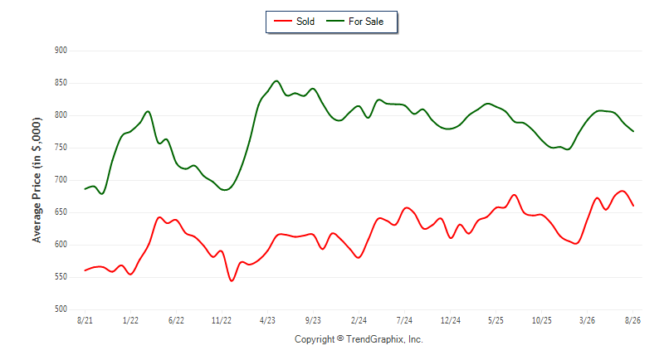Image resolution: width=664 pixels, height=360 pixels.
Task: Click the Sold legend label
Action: [305, 22]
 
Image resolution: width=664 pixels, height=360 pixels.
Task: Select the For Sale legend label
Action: [366, 22]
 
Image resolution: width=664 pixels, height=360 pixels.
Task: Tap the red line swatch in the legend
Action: [282, 21]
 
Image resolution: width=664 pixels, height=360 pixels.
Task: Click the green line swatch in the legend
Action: [335, 21]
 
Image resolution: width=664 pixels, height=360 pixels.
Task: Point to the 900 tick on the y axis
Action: [61, 51]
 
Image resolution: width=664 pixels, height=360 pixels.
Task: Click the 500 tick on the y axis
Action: [61, 309]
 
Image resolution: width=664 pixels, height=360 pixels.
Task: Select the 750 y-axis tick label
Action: [61, 148]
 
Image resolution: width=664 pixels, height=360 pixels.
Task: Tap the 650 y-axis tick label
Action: [61, 212]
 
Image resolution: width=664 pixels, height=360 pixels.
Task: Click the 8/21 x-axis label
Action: [85, 320]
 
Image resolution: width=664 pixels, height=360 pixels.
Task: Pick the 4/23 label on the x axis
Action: [267, 320]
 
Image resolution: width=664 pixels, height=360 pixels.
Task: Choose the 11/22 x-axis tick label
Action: [222, 320]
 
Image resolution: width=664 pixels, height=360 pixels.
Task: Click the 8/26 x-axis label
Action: [632, 320]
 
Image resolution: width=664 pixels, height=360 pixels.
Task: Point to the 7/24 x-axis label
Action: [404, 320]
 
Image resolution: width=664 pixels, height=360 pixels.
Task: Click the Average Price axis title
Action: [37, 180]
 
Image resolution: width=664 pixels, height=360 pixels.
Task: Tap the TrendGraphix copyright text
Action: [359, 339]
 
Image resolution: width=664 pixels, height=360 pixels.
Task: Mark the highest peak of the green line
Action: [276, 80]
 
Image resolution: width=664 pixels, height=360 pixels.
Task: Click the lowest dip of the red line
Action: [232, 281]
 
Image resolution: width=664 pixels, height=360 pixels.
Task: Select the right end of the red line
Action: [633, 206]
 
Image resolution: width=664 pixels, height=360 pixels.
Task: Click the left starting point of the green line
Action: [85, 189]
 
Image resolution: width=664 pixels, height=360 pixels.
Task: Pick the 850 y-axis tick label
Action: [61, 83]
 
